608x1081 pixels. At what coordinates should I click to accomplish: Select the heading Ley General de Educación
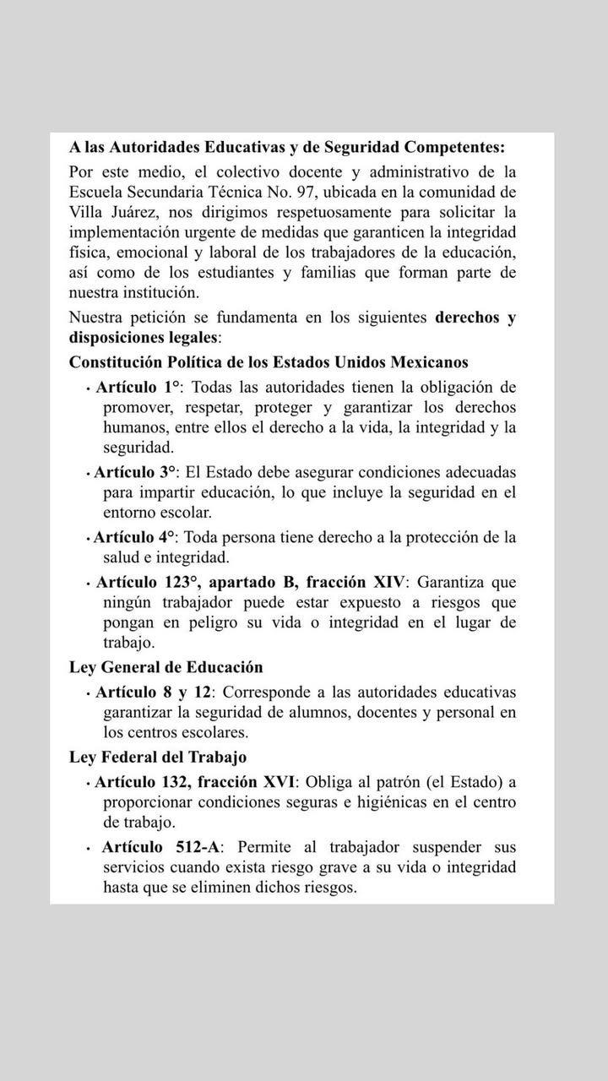point(166,667)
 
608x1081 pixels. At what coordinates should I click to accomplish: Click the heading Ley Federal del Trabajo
point(158,757)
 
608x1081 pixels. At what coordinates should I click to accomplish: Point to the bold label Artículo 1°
point(138,387)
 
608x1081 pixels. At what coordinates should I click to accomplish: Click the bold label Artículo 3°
point(135,471)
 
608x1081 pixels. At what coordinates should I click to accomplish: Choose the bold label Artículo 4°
point(135,536)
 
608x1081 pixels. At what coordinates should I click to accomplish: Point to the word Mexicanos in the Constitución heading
point(429,362)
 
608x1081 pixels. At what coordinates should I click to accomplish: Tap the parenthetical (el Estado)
point(463,782)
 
